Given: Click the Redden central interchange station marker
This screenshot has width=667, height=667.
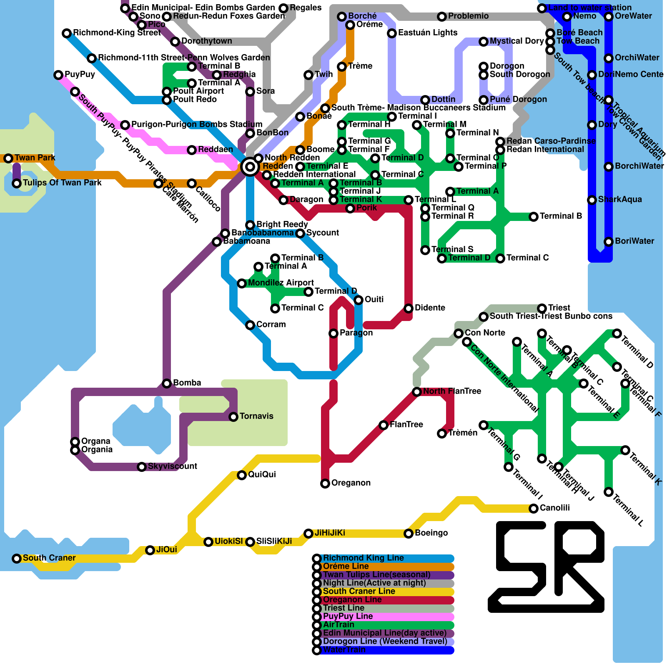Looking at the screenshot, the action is tap(250, 167).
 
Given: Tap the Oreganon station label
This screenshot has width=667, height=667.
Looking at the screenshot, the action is tap(351, 483).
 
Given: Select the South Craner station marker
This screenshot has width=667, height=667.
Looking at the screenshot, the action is tap(17, 558).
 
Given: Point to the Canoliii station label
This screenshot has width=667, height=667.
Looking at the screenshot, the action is tap(554, 508).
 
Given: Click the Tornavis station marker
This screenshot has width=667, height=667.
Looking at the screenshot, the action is tap(233, 416).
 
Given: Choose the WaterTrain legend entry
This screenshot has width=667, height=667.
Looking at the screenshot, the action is tap(344, 650).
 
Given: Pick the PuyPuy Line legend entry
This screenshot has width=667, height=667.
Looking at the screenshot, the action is tap(348, 617).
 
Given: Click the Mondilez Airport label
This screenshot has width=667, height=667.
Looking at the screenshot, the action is tap(281, 283).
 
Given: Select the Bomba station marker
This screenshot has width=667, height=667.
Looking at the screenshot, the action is tap(167, 383).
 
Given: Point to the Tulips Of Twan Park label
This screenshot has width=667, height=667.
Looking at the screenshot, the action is tap(62, 183).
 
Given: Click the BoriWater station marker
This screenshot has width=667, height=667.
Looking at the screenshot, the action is tap(609, 241).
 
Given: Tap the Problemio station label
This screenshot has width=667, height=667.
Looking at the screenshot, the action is tap(468, 16).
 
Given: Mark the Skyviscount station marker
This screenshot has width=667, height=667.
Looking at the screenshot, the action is tap(142, 466).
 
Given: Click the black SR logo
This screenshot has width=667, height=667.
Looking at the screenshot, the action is tap(546, 567).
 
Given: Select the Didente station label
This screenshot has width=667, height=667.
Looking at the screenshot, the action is tap(430, 308).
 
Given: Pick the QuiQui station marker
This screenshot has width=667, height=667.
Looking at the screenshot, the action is tap(242, 475).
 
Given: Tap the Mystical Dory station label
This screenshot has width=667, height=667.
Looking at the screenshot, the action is tap(517, 41).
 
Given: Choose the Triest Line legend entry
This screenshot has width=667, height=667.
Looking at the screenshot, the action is tap(344, 608).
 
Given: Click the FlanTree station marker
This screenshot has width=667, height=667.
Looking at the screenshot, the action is tap(384, 425).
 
